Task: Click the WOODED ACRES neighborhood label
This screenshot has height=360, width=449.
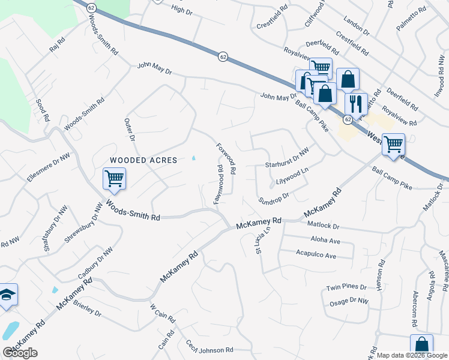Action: (x=143, y=160)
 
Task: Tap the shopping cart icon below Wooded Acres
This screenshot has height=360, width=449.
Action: (x=114, y=179)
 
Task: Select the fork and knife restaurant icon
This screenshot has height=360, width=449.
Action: (x=355, y=103)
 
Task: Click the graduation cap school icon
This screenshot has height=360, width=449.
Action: (x=7, y=295)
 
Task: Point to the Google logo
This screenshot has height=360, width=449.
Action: (x=20, y=353)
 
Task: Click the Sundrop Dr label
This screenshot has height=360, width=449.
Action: (x=273, y=198)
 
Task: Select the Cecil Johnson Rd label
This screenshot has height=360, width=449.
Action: (x=208, y=349)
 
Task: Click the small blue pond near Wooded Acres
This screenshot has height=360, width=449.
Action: (x=193, y=159)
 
